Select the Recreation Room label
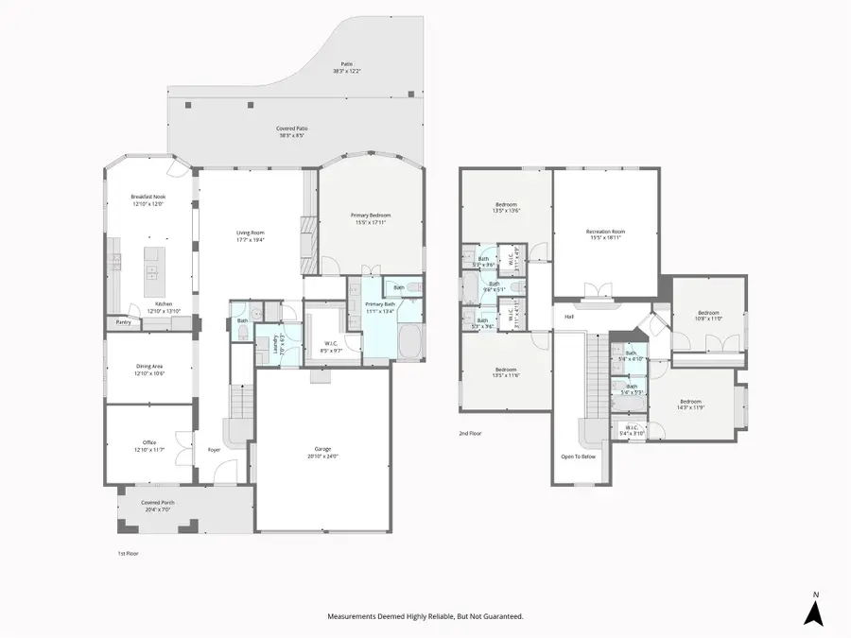(x=605, y=233)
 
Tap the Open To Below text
(x=578, y=455)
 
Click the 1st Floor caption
(x=127, y=553)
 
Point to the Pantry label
(x=124, y=322)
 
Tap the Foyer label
(x=215, y=449)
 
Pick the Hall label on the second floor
(x=569, y=317)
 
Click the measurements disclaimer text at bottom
(x=425, y=616)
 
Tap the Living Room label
(x=250, y=235)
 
